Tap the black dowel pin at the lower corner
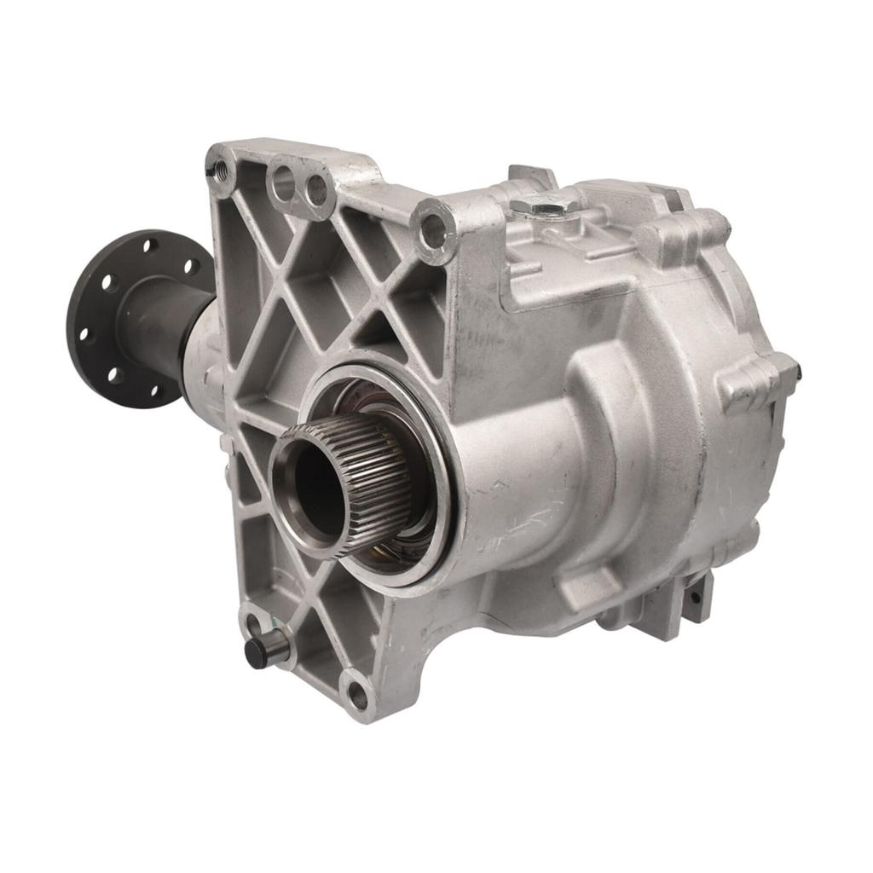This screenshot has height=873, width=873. coord(257,652)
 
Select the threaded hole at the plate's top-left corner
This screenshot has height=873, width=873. coord(221,166)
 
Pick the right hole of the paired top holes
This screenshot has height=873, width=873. coord(317,191)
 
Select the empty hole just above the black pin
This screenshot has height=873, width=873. coord(252,620)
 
